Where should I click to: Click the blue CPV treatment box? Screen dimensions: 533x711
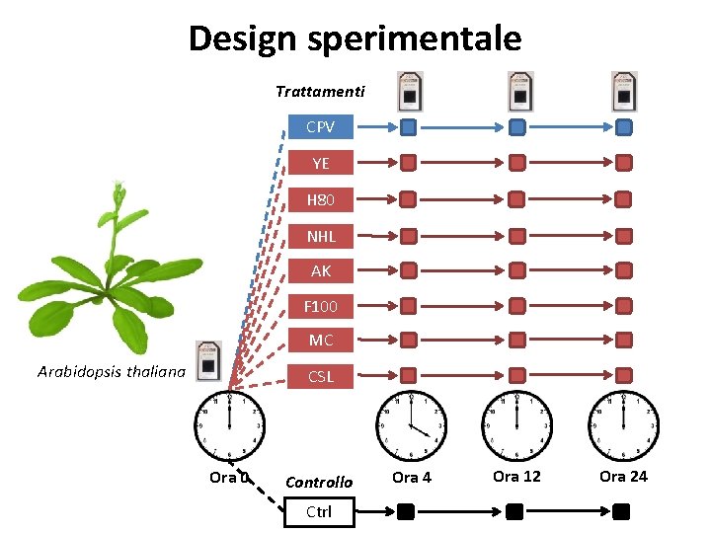pos(320,127)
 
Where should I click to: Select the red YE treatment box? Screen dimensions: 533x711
pos(320,163)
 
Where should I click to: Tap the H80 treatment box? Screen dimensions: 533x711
pos(320,200)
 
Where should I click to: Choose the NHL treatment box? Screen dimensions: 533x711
pos(320,236)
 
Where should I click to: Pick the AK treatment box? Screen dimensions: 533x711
pos(320,270)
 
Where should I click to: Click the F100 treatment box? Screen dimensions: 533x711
pos(320,306)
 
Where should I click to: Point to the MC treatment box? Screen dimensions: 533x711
pos(320,341)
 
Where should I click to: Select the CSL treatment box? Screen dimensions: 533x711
pos(320,376)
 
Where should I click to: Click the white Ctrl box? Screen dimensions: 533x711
pos(318,511)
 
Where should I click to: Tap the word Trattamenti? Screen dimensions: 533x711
pos(320,92)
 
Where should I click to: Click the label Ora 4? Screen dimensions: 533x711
pos(412,478)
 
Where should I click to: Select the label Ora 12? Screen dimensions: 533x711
pos(516,477)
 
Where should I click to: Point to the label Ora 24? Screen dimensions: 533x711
pos(623,477)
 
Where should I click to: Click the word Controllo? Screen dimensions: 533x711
pos(318,483)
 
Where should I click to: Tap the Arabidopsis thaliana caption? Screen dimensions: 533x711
pos(112,372)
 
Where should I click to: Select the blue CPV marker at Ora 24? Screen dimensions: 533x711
pos(623,126)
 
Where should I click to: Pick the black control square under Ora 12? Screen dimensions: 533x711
pos(514,511)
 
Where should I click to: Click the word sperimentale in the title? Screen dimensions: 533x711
pos(415,38)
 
